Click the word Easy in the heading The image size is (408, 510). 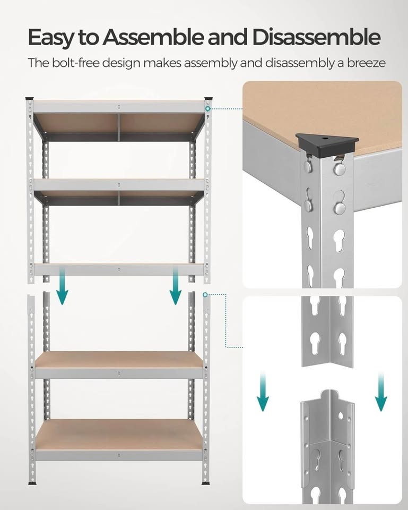(47, 38)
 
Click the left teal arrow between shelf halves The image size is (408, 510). (63, 287)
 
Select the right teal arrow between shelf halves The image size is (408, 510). (176, 287)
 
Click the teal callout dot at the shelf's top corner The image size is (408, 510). (209, 109)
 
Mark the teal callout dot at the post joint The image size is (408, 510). (205, 294)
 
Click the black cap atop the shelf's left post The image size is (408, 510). (30, 99)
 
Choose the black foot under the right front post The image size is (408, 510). (206, 483)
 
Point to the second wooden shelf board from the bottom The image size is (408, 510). (119, 360)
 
